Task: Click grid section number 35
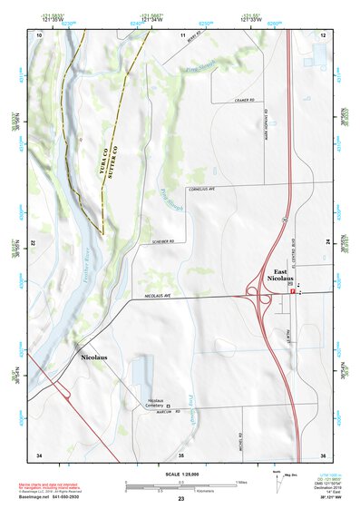180,454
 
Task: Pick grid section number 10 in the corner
39,34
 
